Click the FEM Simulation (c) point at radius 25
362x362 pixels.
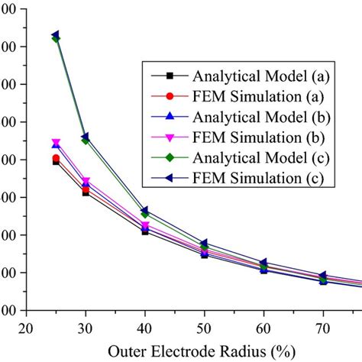56,35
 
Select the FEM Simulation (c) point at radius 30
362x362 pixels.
86,137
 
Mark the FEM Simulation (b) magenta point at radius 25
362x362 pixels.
56,143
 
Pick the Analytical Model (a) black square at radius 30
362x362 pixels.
86,192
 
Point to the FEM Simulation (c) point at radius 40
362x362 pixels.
145,210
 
